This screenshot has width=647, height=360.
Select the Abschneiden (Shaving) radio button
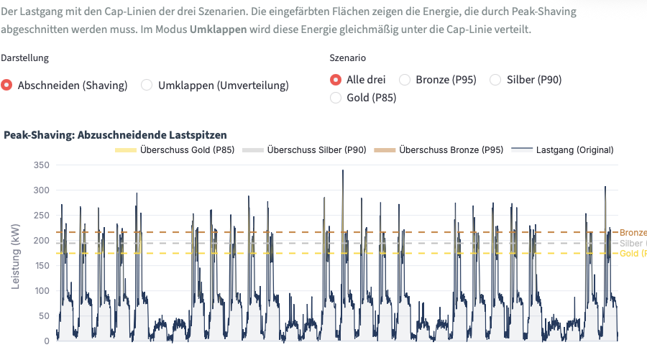[7, 85]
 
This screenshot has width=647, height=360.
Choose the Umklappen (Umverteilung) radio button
[147, 85]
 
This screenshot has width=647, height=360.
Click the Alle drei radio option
[335, 80]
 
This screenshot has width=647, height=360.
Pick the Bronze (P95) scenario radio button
[405, 80]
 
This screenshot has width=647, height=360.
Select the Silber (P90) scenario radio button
[495, 80]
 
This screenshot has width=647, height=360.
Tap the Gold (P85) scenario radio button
[335, 98]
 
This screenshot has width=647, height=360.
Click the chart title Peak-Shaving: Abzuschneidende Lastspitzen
[115, 134]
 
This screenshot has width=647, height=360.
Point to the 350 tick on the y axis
[41, 165]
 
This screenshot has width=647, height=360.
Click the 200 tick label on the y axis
[41, 241]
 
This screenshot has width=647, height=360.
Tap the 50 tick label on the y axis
[44, 316]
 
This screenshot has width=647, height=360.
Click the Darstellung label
[25, 57]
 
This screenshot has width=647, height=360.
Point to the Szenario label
[347, 57]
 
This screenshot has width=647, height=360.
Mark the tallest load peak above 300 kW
[343, 172]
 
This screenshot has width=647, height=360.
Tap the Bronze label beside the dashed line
[633, 232]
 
